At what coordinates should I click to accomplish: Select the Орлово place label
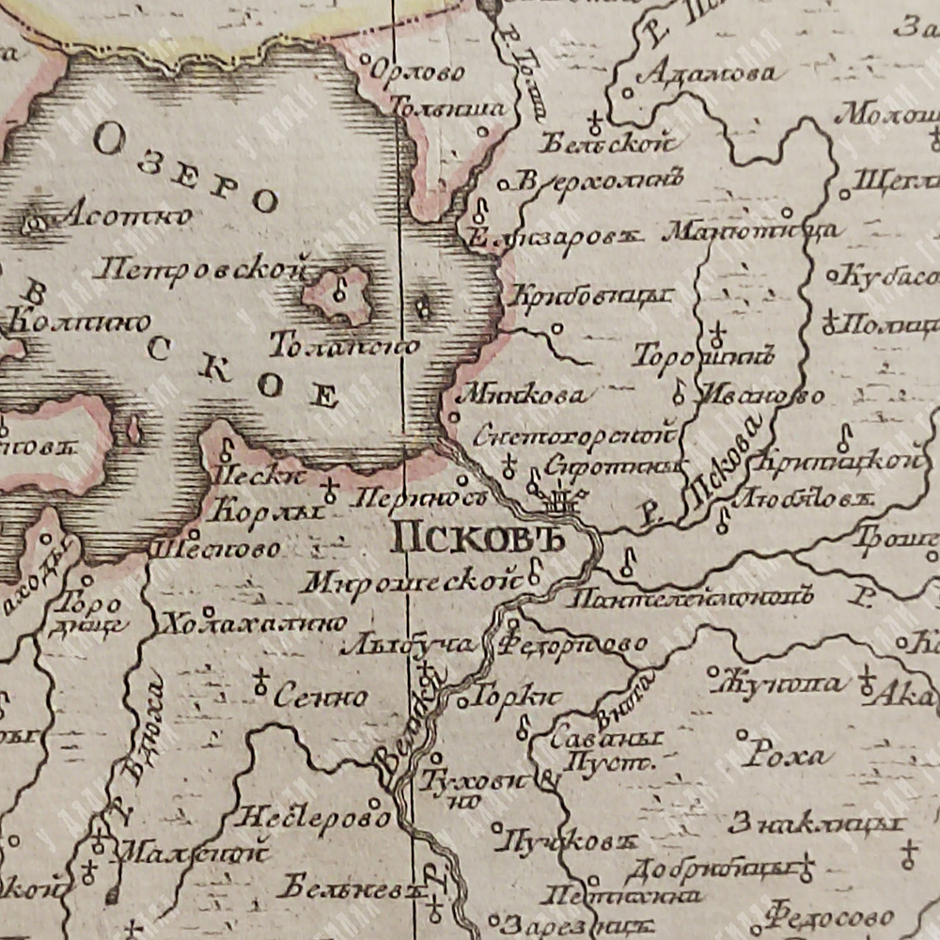[417, 71]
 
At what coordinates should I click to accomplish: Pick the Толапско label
[344, 346]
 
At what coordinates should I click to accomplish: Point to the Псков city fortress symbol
[562, 502]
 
